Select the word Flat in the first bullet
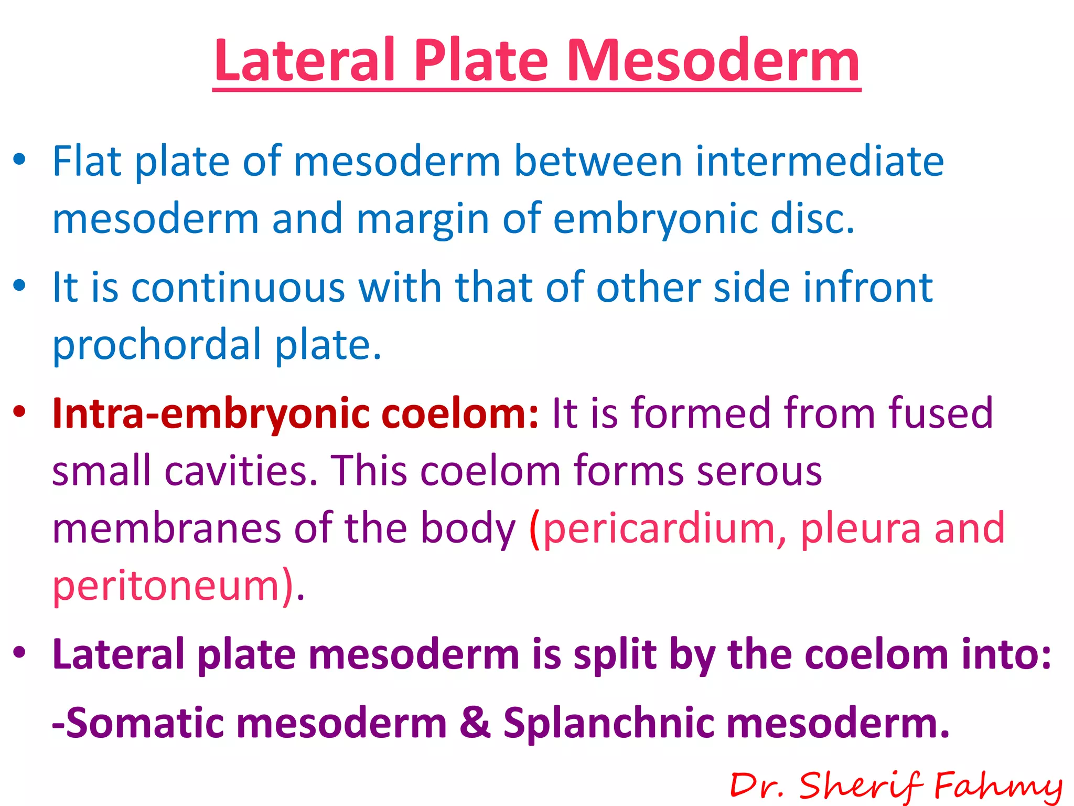pyautogui.click(x=87, y=161)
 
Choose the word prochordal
pyautogui.click(x=157, y=345)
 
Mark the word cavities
pyautogui.click(x=241, y=471)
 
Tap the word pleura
pyautogui.click(x=860, y=528)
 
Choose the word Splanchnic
pyautogui.click(x=608, y=723)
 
